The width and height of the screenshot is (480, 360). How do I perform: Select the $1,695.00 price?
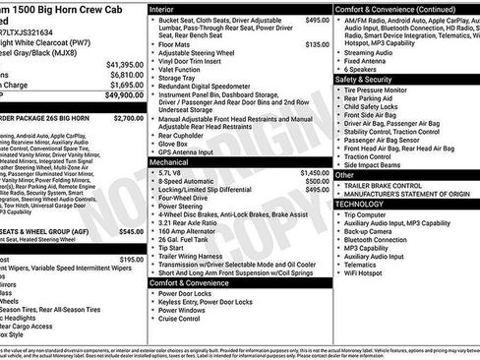click(x=124, y=85)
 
